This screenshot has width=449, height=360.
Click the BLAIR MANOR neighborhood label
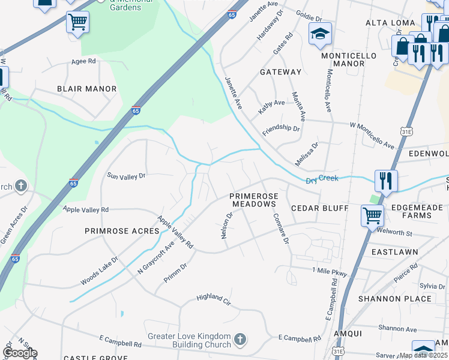click(86, 89)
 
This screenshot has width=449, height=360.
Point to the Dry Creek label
click(322, 179)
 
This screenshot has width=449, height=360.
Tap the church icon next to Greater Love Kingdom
click(240, 340)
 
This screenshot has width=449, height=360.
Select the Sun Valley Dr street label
click(126, 176)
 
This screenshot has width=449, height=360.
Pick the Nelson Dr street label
click(226, 226)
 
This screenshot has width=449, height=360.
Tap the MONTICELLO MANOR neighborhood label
click(349, 59)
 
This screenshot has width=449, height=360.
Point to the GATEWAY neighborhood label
click(280, 72)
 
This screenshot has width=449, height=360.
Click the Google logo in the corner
click(20, 353)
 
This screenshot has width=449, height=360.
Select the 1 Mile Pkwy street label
click(330, 272)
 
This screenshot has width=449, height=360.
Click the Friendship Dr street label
click(281, 129)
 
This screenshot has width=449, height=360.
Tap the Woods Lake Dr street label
click(100, 272)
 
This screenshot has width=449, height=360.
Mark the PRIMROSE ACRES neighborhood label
click(122, 231)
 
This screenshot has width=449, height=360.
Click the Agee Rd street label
click(83, 61)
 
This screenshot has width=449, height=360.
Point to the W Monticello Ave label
click(372, 135)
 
